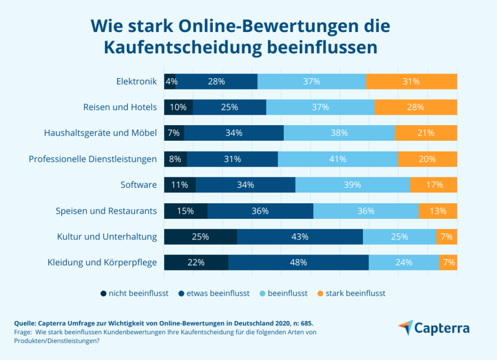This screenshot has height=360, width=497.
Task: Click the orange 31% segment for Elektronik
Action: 412,82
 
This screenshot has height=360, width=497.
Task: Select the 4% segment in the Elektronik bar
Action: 170,82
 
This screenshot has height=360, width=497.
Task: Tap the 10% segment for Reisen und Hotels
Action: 179,107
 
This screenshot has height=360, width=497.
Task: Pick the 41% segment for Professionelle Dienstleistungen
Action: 338,159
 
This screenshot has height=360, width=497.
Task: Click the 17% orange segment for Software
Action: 434,185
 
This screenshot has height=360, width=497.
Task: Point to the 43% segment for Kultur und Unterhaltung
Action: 300,236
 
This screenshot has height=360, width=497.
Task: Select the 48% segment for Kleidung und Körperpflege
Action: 298,262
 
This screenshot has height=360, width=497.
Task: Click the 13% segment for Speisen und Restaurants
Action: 438,211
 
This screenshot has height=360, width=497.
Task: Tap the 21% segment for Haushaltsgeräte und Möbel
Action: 426,133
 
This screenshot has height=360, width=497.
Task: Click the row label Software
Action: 138,185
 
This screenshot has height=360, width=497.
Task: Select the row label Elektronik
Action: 136,82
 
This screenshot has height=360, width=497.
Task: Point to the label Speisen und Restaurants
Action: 106,211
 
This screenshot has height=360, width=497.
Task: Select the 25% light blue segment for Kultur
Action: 399,236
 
